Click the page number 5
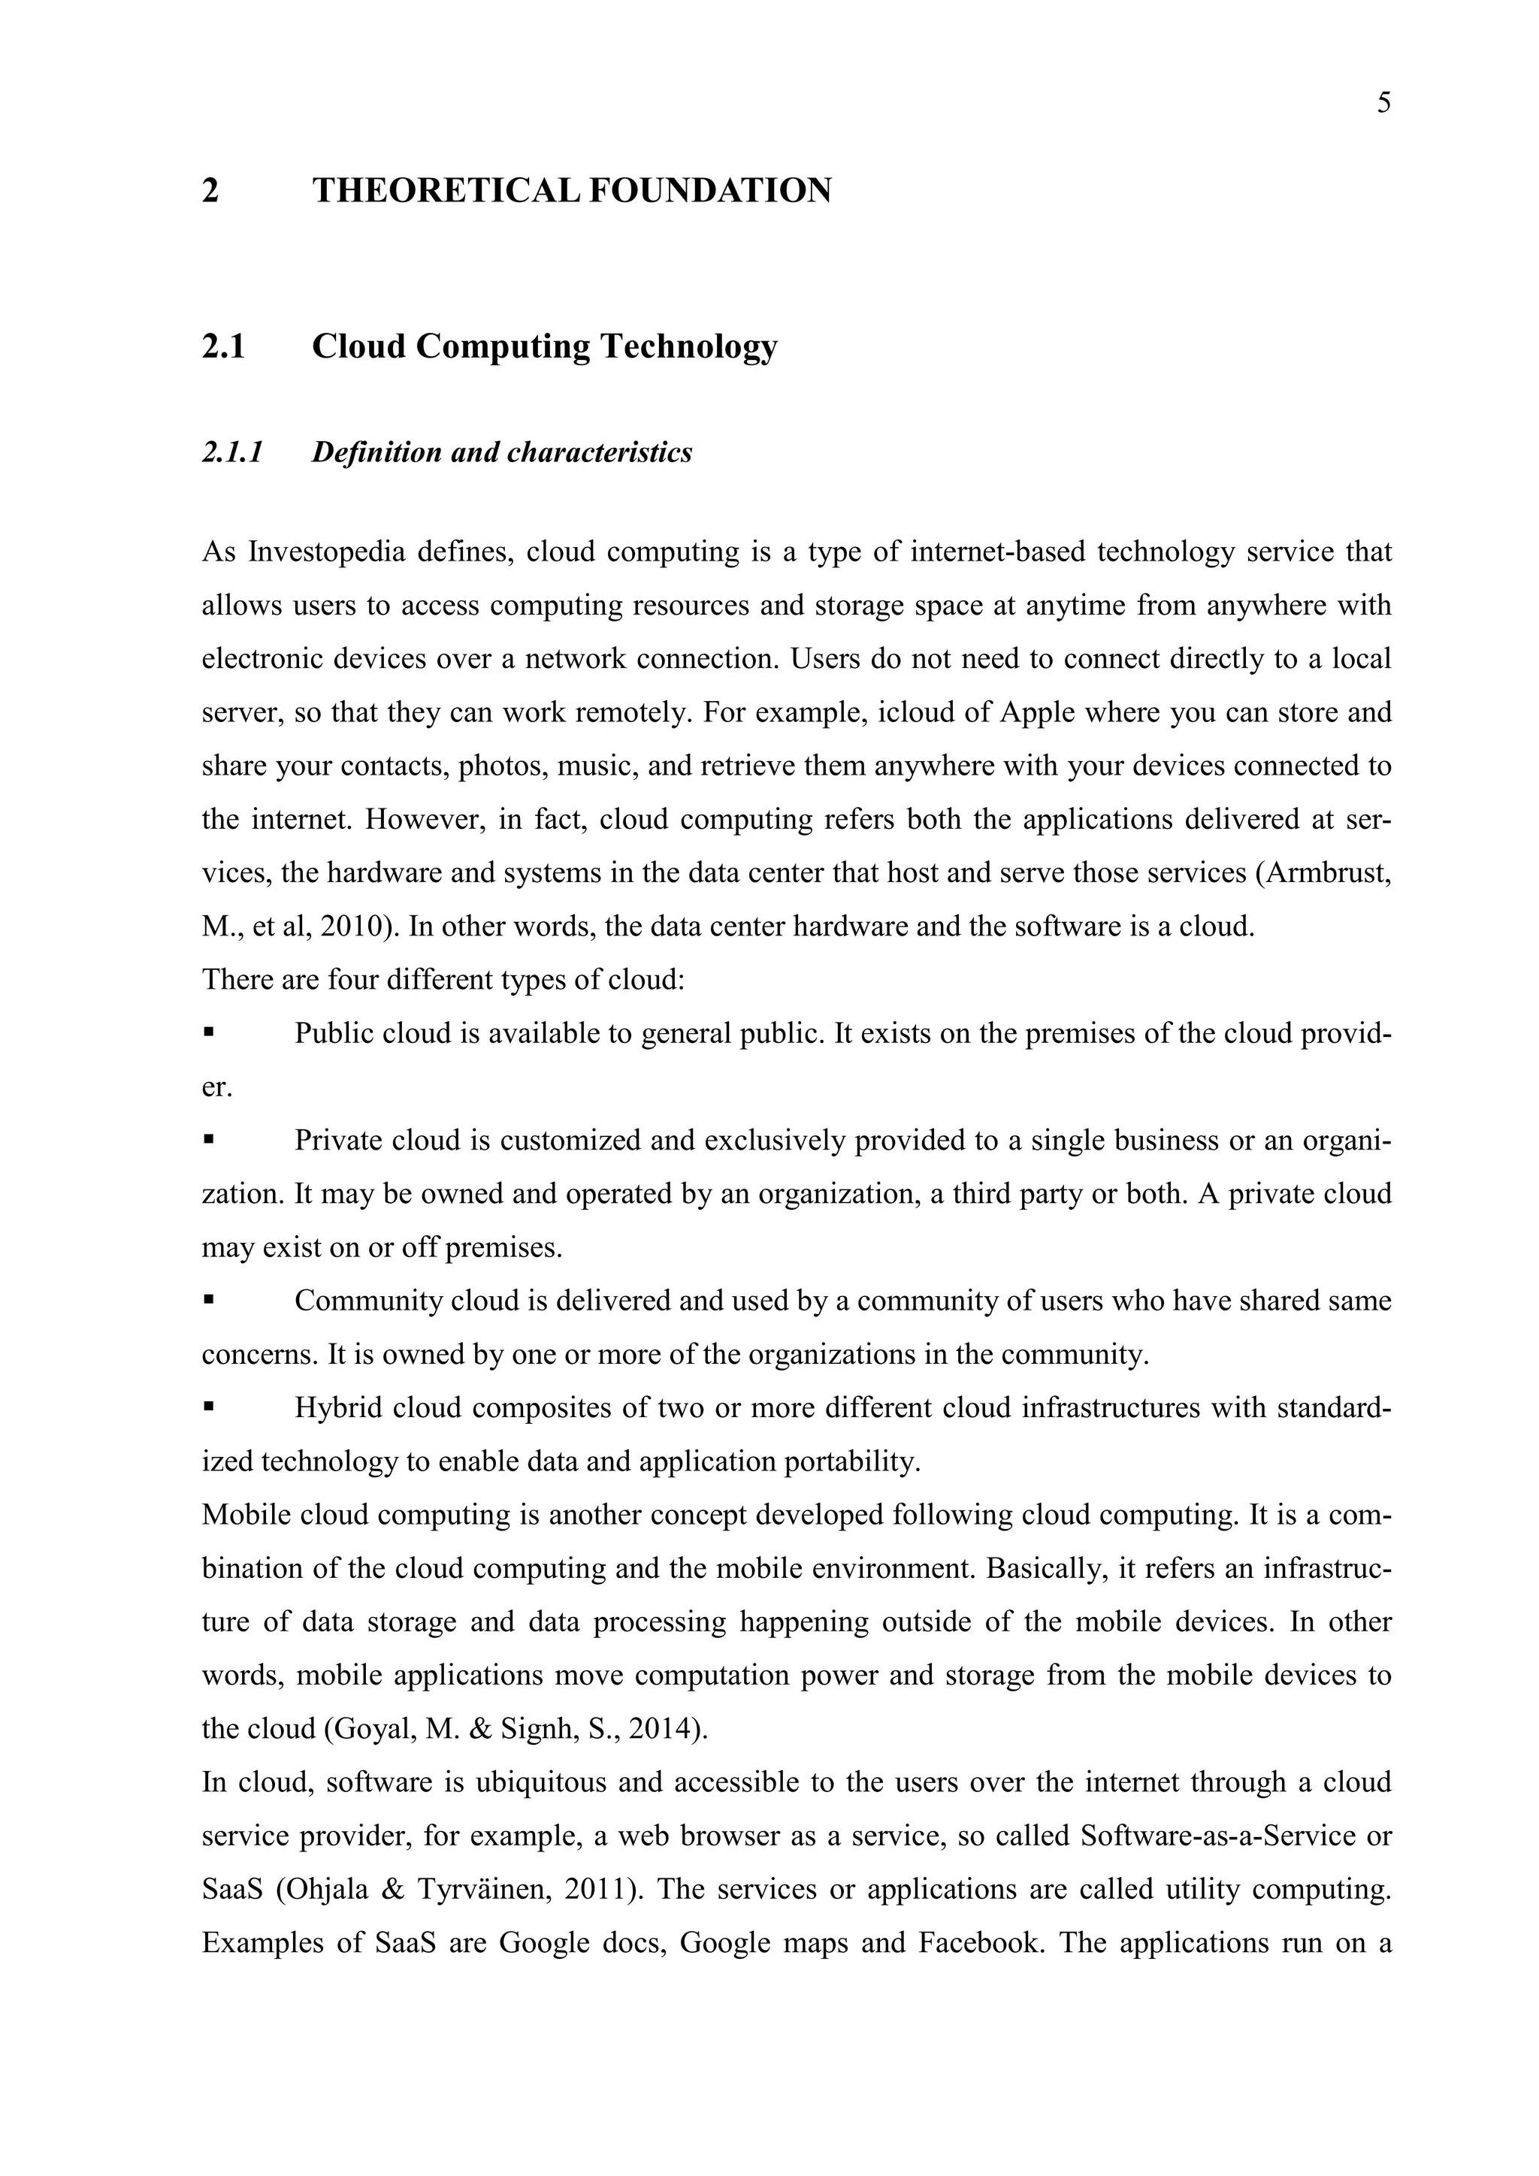coord(1383,103)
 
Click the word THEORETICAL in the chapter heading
coord(446,191)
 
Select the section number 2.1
coord(224,347)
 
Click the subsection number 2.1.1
coord(232,452)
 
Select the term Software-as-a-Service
coord(1216,1836)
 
